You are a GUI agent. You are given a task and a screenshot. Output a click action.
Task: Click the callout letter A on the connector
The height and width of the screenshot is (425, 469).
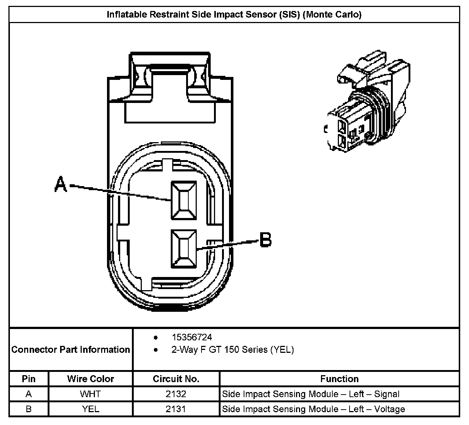61,184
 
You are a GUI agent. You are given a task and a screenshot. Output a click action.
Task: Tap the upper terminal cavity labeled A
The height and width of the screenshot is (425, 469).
184,201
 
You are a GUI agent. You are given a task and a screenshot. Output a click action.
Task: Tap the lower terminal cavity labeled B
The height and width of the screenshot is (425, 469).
184,248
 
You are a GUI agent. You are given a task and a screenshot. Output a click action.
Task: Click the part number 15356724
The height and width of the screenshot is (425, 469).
192,337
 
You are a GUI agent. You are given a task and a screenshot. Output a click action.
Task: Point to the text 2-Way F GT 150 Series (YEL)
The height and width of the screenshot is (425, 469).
232,350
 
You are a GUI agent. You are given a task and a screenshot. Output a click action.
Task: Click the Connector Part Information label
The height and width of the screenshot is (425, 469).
71,350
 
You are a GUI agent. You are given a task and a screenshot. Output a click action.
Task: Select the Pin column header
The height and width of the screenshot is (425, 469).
29,379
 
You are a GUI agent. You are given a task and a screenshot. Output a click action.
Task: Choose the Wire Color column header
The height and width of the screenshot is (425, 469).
91,379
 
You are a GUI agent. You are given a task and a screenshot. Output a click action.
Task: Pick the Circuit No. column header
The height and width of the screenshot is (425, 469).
176,379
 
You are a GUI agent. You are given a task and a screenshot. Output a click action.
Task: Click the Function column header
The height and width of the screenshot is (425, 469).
339,379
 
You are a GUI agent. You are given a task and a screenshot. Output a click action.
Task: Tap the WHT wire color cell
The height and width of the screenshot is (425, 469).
90,394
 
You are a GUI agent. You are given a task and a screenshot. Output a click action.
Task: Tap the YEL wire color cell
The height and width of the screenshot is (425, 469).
91,409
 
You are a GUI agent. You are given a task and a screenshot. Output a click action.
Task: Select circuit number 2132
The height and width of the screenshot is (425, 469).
176,394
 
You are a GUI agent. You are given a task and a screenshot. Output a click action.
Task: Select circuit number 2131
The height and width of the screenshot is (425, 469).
176,409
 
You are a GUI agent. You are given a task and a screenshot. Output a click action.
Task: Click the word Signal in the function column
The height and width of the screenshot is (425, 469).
387,394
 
